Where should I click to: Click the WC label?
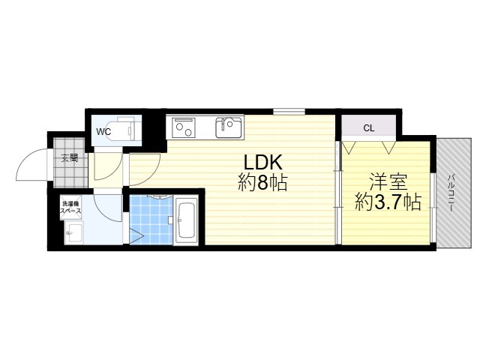[103, 132]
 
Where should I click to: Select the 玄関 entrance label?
[70, 158]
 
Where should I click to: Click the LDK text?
[262, 163]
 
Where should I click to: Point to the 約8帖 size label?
[262, 183]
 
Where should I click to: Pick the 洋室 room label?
[388, 181]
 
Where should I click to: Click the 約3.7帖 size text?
[388, 202]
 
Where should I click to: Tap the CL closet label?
[368, 128]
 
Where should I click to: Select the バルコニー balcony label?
[451, 193]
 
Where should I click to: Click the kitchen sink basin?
[229, 127]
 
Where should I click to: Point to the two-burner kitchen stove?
[184, 127]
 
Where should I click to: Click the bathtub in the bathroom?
[187, 220]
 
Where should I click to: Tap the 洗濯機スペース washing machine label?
[70, 207]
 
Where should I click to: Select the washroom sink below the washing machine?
[73, 233]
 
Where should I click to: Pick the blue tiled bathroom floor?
[151, 220]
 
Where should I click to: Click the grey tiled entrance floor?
[70, 163]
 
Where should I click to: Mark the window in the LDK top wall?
[289, 112]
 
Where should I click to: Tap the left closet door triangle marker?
[348, 147]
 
